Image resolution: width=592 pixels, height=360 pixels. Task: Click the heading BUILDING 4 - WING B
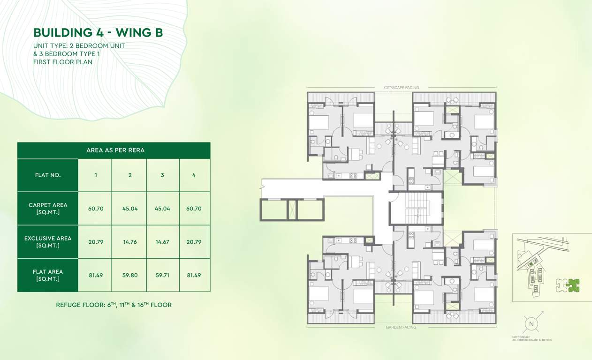pos(98,33)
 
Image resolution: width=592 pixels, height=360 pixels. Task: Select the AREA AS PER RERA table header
pos(115,150)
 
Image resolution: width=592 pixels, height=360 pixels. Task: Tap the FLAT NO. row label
pos(48,175)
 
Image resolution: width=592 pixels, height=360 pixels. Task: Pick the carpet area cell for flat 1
pos(96,209)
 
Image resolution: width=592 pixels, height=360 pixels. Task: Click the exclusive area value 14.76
pos(130,242)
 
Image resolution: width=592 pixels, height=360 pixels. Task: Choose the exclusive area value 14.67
pos(162,242)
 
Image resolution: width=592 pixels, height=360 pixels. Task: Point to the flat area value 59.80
pos(130,275)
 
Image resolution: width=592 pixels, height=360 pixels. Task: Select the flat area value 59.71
pos(162,275)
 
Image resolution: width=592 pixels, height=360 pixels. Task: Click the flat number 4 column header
pos(194,175)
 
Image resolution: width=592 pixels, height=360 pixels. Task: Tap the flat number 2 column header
pos(130,175)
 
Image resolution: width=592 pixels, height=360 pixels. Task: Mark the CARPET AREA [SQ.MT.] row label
pos(48,209)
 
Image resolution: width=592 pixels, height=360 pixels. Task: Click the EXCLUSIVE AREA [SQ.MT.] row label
pos(48,242)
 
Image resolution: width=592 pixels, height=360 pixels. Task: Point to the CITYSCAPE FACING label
pos(401,88)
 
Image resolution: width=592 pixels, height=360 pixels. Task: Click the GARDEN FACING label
pos(401,327)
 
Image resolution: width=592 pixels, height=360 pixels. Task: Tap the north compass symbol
pos(531,323)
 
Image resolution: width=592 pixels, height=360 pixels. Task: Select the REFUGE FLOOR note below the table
pos(114,305)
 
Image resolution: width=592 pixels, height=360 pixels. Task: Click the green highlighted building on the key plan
pos(573,285)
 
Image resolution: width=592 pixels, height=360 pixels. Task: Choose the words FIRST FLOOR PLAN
pos(63,61)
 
